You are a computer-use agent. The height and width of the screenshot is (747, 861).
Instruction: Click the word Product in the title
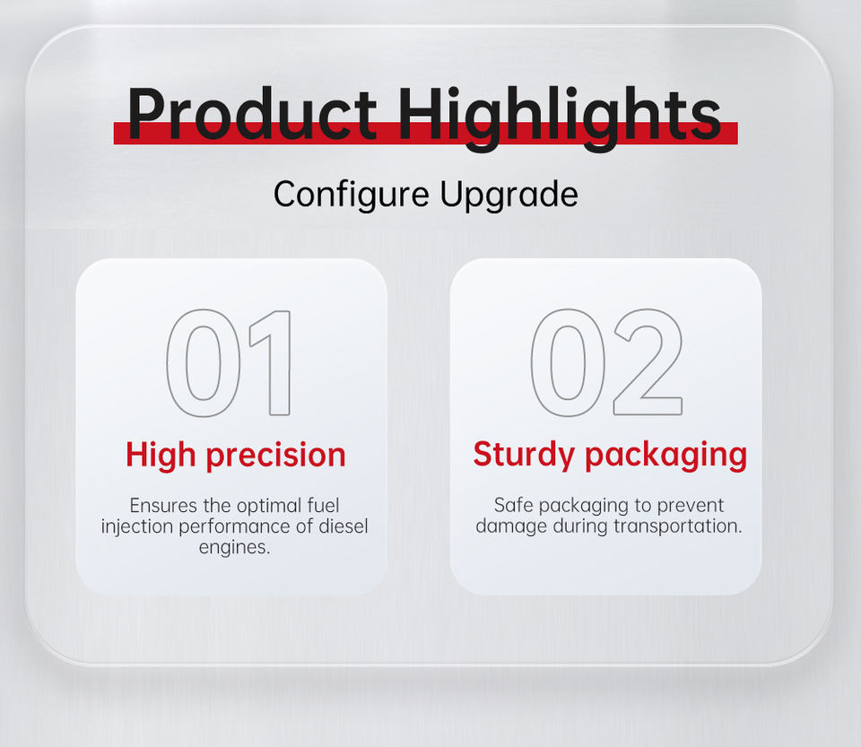[252, 113]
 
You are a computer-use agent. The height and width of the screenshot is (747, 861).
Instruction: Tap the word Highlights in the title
[559, 118]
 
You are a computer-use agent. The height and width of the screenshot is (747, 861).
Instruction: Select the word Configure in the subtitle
[352, 195]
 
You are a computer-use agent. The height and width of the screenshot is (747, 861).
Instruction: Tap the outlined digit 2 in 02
[648, 361]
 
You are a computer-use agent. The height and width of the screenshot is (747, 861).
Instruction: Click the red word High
[161, 456]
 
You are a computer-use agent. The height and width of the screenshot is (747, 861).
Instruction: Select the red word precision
[275, 456]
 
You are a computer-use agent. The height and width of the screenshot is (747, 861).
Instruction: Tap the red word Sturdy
[524, 455]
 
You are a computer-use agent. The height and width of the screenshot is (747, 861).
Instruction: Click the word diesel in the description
[344, 526]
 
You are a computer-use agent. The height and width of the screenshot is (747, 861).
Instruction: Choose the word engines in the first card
[234, 547]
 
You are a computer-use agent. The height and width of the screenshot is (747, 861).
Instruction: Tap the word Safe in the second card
[510, 505]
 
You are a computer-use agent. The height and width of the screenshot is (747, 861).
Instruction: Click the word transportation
[678, 526]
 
